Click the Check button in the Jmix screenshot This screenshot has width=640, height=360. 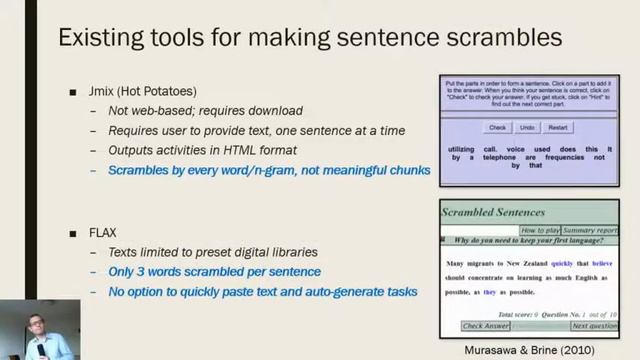pos(497,128)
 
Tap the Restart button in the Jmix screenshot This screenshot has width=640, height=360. pos(558,128)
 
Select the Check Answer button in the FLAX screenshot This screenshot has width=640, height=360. pos(486,326)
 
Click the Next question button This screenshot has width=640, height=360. pos(593,326)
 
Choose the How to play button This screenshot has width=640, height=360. pos(540,230)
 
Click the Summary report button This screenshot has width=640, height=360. pos(590,230)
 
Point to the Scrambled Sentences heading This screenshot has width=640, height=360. pos(494,212)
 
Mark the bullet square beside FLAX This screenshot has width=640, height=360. pos(72,233)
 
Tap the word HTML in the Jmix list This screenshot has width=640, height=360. pos(226,150)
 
